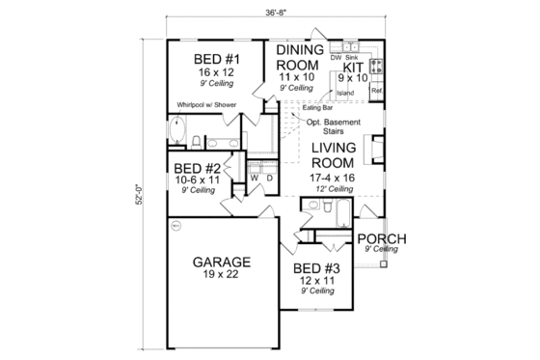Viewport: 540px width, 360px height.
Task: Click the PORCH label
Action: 380,238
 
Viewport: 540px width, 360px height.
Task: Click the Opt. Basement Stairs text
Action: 334,127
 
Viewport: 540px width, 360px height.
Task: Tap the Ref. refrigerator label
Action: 377,93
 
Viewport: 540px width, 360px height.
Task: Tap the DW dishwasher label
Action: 335,57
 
